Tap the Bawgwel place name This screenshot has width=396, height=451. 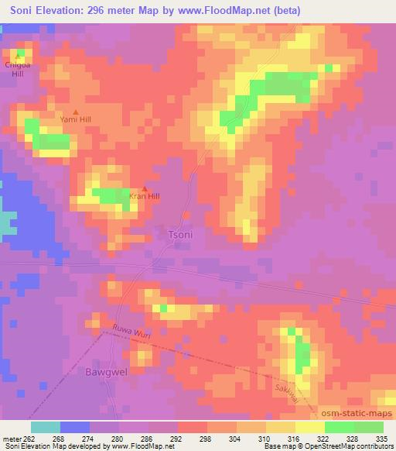[x=99, y=371]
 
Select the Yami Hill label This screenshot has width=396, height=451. [x=76, y=120]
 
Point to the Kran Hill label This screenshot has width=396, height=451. [x=145, y=196]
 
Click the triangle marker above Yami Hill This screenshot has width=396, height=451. [x=75, y=112]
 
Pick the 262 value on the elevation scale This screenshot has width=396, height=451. [x=29, y=437]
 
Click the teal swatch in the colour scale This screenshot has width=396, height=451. [x=46, y=427]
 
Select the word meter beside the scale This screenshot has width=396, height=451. [x=10, y=437]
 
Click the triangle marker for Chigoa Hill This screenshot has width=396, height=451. [x=18, y=55]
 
